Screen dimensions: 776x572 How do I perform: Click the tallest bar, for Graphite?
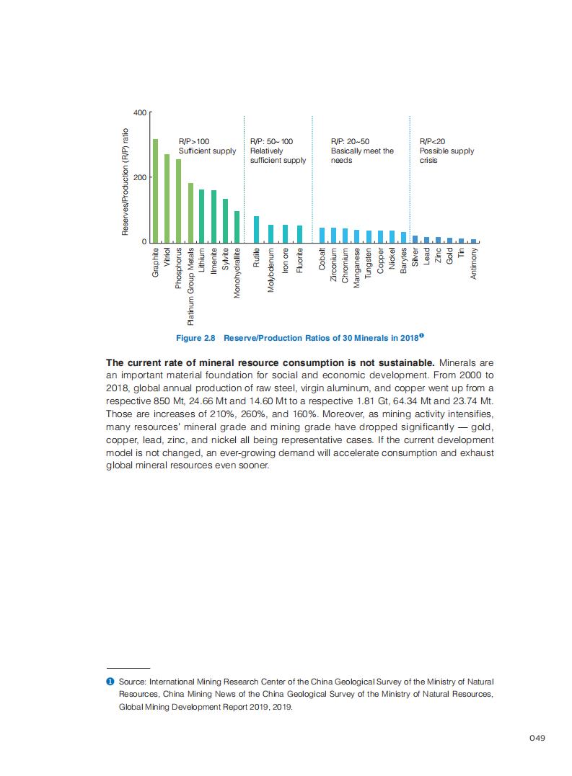click(x=155, y=190)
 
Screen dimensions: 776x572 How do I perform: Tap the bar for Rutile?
click(x=256, y=229)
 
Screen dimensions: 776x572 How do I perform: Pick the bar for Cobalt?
click(x=322, y=235)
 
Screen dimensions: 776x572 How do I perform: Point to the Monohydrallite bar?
click(x=237, y=226)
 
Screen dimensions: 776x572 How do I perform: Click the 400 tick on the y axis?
click(x=140, y=113)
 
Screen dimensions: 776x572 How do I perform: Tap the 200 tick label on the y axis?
click(x=140, y=177)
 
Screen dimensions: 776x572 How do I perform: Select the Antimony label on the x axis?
click(x=474, y=264)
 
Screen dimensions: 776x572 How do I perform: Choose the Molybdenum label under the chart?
click(x=271, y=267)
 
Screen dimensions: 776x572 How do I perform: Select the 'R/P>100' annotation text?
click(x=194, y=142)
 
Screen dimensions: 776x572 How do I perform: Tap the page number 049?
click(x=536, y=737)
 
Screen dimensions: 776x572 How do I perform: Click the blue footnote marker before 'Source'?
click(x=110, y=681)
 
